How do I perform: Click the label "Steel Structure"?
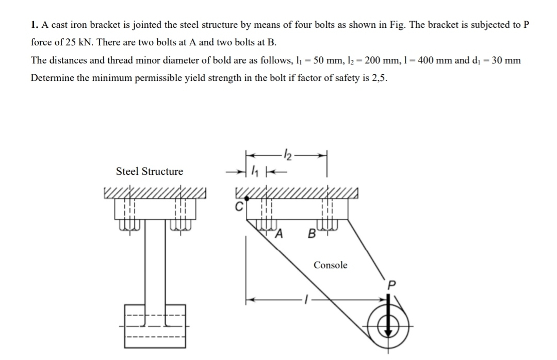click(149, 171)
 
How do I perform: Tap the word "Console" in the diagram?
click(331, 265)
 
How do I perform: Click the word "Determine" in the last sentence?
click(53, 78)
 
